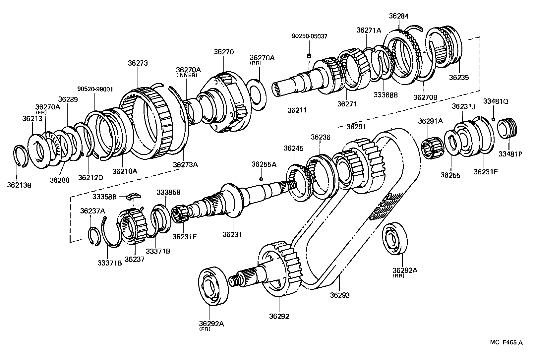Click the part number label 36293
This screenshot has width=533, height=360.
(340, 295)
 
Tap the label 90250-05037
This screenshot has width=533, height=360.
(309, 36)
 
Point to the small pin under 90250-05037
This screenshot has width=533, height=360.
(309, 56)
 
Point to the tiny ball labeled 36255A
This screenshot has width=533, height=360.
(261, 179)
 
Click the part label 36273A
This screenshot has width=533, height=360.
(185, 164)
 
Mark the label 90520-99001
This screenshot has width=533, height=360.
(95, 89)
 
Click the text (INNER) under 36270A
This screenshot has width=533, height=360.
(186, 75)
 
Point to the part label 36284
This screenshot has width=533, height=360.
(398, 16)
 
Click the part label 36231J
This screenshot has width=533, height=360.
(463, 106)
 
